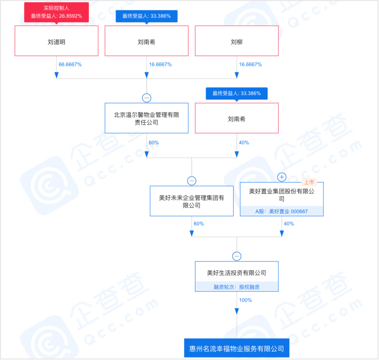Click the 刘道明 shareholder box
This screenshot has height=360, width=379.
(57, 42)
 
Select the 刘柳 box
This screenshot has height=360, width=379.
(237, 42)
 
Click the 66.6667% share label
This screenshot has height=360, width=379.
(70, 65)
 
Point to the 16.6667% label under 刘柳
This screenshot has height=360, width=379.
(250, 65)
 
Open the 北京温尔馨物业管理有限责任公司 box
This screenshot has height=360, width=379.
(146, 118)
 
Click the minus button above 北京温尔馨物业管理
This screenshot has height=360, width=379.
(146, 98)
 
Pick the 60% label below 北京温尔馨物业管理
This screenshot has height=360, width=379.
(153, 142)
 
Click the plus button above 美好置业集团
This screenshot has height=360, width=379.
(282, 177)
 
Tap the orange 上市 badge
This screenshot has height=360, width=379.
(309, 182)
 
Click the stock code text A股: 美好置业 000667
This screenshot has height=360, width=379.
(281, 211)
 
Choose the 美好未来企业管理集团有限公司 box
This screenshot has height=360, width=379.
(191, 201)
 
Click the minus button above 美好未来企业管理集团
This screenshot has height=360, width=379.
(191, 180)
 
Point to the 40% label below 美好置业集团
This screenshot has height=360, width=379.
(289, 224)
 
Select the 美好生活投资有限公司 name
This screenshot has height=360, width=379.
(237, 272)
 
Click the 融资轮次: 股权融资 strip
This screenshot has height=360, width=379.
(237, 287)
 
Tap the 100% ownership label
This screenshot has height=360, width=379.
(246, 300)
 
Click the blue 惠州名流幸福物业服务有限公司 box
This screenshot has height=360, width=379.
(237, 348)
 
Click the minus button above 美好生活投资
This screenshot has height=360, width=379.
(237, 256)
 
